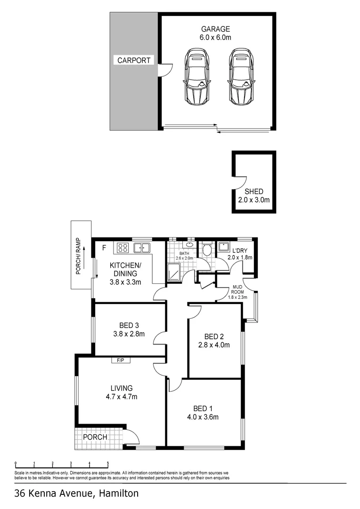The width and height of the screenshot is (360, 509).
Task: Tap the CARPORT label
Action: tap(134, 60)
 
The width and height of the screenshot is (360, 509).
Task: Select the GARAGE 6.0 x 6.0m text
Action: tap(216, 33)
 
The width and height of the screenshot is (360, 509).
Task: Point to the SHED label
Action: tap(254, 192)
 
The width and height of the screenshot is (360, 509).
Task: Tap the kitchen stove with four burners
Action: tap(123, 247)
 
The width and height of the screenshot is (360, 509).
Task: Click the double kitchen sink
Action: tap(141, 247)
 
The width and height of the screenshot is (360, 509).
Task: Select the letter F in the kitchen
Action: tap(104, 246)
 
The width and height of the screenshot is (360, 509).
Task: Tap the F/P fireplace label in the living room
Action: tap(121, 361)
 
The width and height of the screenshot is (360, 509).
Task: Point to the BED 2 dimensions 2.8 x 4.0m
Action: tap(214, 345)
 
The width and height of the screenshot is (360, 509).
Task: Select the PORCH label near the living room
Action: tap(95, 437)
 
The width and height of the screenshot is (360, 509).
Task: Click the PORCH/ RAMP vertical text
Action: tap(79, 255)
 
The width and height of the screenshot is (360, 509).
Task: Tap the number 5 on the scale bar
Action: tap(108, 463)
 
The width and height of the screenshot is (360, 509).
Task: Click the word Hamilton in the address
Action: tap(118, 494)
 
